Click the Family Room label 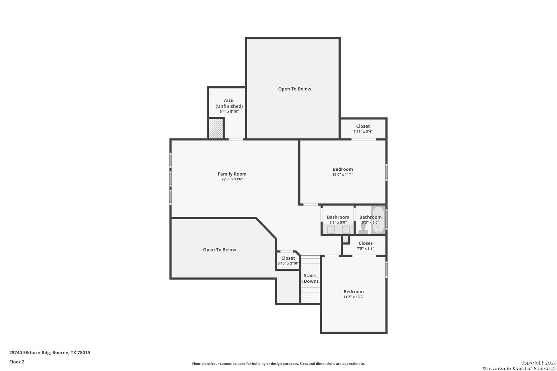[x=232, y=174]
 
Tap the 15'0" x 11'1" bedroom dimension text [x=343, y=175]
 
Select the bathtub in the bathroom [x=378, y=220]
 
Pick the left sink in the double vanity [x=331, y=230]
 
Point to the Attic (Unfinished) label [x=229, y=103]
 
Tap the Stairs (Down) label [x=310, y=278]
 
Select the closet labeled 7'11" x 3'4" [x=363, y=128]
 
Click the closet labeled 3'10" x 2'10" [x=288, y=260]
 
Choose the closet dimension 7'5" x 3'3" [x=365, y=248]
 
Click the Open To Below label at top [x=295, y=89]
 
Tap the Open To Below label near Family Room [x=219, y=250]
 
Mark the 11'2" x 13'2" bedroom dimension [x=353, y=297]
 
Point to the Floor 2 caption [x=17, y=362]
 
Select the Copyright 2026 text [x=538, y=363]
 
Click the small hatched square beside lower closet [x=346, y=239]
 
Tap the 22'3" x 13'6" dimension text [x=232, y=179]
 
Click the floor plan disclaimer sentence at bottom [x=278, y=363]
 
